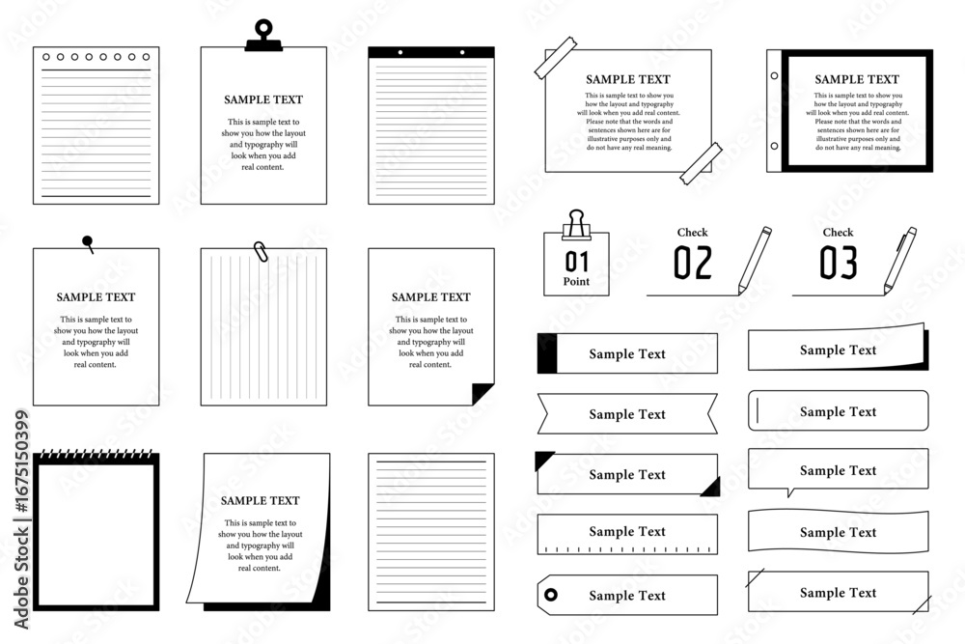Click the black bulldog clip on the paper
click(x=263, y=36)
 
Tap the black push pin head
click(x=88, y=240)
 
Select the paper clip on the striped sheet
click(x=261, y=251)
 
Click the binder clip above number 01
click(x=576, y=224)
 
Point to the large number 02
click(x=693, y=263)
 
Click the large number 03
click(x=839, y=263)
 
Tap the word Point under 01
click(x=576, y=281)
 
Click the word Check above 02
click(x=692, y=232)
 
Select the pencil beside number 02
click(x=755, y=261)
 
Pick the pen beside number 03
click(x=899, y=261)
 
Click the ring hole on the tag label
click(x=551, y=595)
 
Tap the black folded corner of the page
click(x=482, y=393)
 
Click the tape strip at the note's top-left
click(x=556, y=58)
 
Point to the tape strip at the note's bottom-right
click(x=701, y=163)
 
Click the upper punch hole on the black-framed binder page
click(x=774, y=75)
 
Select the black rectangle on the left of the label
click(x=547, y=353)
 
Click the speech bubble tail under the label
click(x=791, y=491)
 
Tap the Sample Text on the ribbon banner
click(x=627, y=414)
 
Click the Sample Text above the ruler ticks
click(x=627, y=531)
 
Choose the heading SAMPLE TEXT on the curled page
click(x=261, y=500)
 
